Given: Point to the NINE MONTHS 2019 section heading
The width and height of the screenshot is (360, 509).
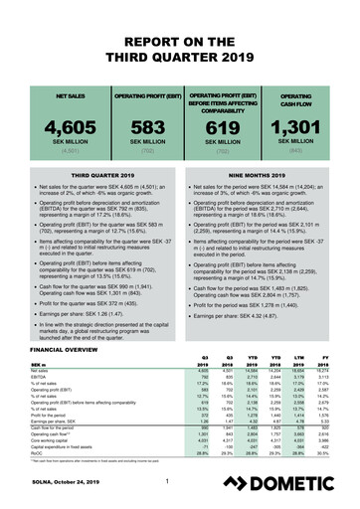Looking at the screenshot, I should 260,170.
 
